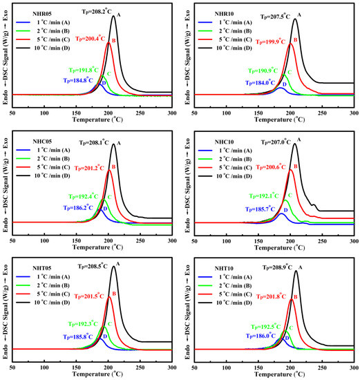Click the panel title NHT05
click(37, 267)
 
